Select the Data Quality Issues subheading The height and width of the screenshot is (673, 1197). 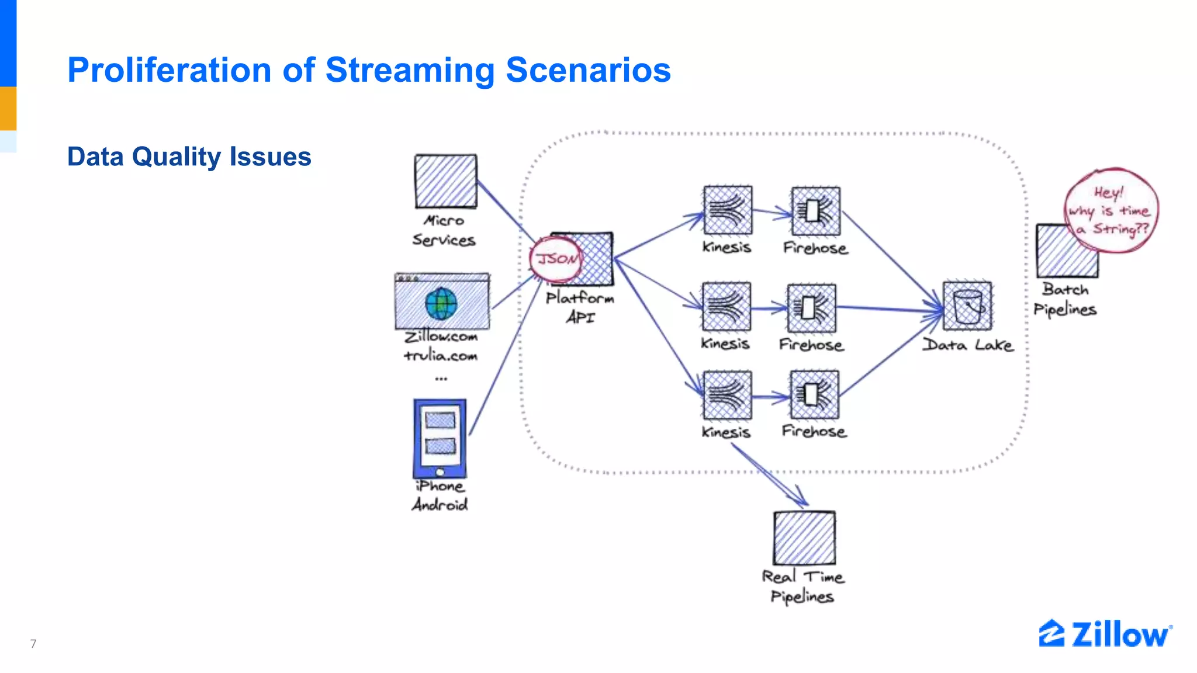(x=189, y=157)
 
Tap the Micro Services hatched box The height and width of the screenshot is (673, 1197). (x=445, y=181)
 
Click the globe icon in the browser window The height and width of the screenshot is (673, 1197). (x=441, y=304)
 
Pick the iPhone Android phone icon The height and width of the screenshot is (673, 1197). (x=440, y=438)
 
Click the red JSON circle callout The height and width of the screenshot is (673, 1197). (x=555, y=259)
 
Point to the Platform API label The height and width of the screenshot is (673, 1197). (x=580, y=307)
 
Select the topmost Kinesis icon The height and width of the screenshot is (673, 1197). (x=728, y=210)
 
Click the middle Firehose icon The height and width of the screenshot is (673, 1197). (x=811, y=308)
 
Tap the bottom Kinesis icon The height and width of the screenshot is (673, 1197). (x=727, y=396)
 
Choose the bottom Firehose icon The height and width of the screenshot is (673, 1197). (x=814, y=395)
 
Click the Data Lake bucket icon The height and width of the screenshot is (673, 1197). (x=967, y=306)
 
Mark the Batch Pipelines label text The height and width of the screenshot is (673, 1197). (x=1065, y=299)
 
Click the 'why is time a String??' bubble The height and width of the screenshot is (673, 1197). (x=1110, y=210)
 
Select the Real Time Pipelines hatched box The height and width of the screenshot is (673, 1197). (x=804, y=537)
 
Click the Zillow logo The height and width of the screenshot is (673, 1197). (x=1105, y=634)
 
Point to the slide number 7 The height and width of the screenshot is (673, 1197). (x=33, y=644)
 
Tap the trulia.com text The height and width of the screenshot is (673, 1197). (x=441, y=355)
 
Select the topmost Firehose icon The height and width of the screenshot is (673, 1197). (x=815, y=211)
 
